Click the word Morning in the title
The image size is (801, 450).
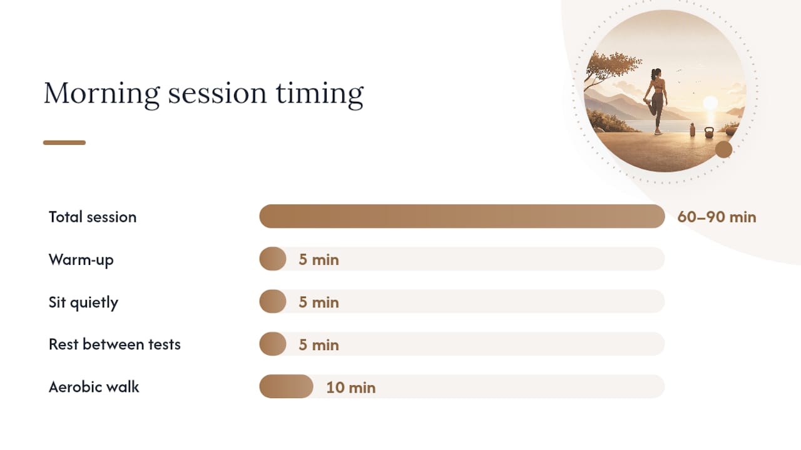tap(101, 94)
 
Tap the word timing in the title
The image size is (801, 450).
tap(320, 94)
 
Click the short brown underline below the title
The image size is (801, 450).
tap(64, 142)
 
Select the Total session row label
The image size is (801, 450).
tap(93, 217)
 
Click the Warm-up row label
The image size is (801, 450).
tap(81, 259)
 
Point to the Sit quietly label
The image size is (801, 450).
tap(83, 302)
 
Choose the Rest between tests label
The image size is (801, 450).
tap(115, 344)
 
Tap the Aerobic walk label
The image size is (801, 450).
tap(94, 387)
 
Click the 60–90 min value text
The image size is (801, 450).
tap(717, 217)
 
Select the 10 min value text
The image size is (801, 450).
tap(351, 387)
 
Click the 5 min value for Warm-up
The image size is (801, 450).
tap(319, 259)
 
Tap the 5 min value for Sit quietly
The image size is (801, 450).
tap(319, 302)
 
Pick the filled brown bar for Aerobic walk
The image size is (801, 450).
tap(286, 386)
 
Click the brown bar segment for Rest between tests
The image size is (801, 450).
tap(273, 344)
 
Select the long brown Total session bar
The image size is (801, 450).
tap(462, 216)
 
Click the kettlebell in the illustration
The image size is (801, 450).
tap(709, 132)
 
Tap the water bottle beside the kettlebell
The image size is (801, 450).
tap(692, 129)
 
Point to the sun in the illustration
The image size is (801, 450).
tap(710, 103)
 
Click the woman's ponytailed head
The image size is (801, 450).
tap(656, 74)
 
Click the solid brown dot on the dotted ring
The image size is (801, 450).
tap(724, 149)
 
